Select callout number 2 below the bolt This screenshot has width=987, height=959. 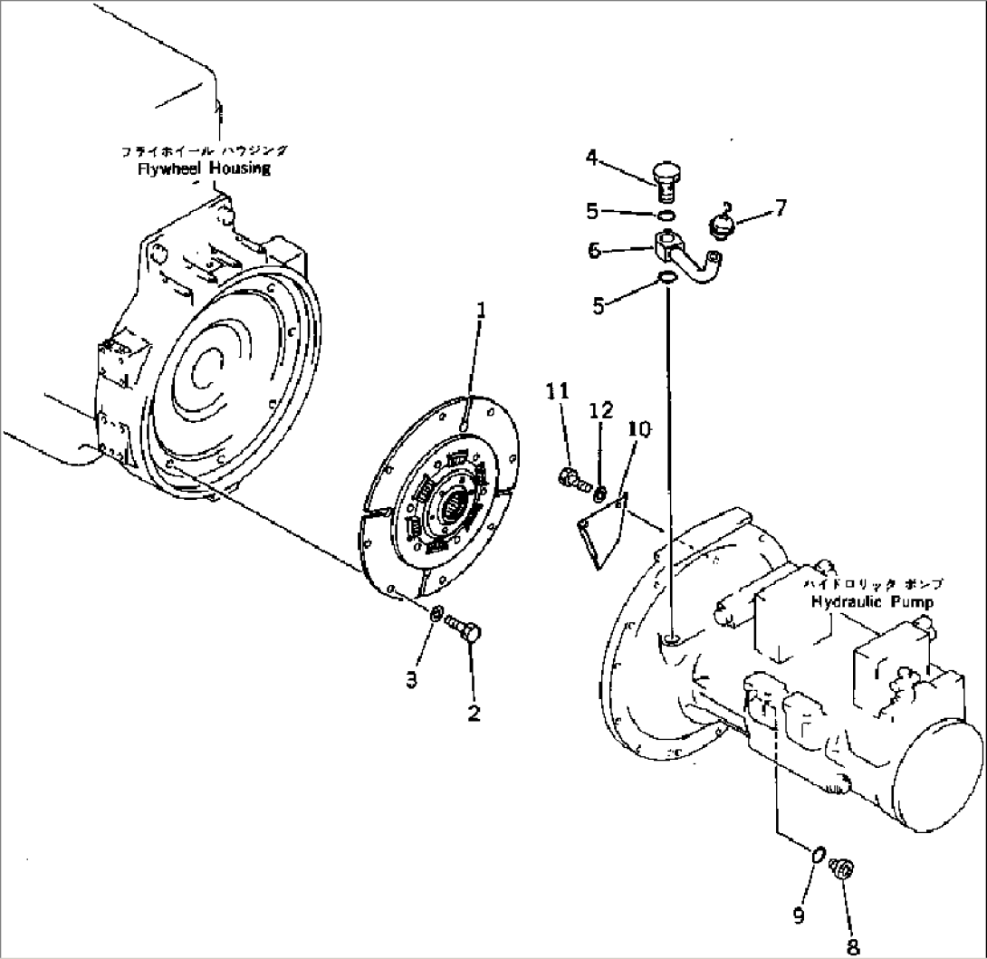pos(473,713)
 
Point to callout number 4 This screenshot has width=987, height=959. pos(591,159)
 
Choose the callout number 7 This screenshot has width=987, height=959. pos(780,207)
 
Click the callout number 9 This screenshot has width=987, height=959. pos(799,916)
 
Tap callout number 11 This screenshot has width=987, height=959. pos(558,391)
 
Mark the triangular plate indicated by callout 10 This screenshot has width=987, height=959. pos(600,534)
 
